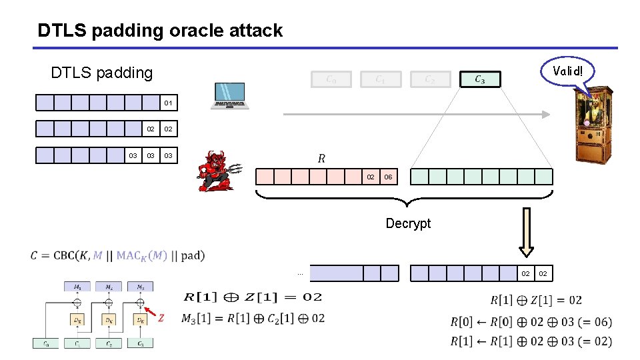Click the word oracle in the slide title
click(x=191, y=30)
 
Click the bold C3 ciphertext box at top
click(x=480, y=79)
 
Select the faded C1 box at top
click(x=379, y=79)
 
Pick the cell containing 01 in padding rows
click(x=169, y=103)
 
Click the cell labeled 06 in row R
click(x=389, y=177)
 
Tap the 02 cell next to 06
click(x=370, y=177)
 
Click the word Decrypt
click(x=408, y=223)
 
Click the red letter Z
click(x=161, y=318)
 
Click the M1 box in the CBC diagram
click(x=77, y=287)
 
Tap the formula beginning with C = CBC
click(x=117, y=255)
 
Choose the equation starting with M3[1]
click(x=253, y=318)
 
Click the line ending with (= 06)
click(x=531, y=322)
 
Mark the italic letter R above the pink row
click(x=321, y=158)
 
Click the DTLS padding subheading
click(x=102, y=72)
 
